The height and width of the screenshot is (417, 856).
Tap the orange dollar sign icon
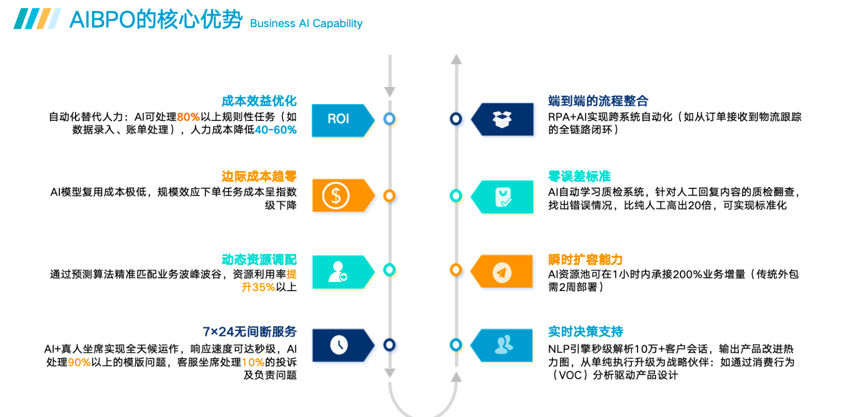[x=336, y=195]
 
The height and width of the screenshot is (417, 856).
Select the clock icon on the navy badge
[x=339, y=345]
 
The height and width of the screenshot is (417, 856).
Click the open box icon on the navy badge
[x=502, y=119]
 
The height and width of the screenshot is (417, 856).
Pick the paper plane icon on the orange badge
[x=502, y=272]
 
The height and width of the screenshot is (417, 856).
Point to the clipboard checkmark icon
[x=503, y=197]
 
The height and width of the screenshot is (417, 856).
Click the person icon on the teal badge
[x=338, y=272]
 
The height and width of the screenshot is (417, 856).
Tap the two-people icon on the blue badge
[x=504, y=345]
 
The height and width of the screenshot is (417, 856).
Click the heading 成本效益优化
[x=259, y=101]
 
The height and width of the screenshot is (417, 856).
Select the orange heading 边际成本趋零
[x=259, y=176]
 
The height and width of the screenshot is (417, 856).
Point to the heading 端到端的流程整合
[x=598, y=101]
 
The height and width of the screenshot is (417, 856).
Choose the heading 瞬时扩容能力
[x=585, y=259]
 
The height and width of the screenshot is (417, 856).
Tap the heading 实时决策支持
[x=585, y=331]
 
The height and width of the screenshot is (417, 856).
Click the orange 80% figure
[x=188, y=117]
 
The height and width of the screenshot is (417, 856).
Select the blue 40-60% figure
[x=275, y=130]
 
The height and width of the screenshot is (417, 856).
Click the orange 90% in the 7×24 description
[x=79, y=362]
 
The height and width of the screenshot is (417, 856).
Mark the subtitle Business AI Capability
[x=306, y=24]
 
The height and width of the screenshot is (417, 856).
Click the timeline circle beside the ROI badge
[x=389, y=119]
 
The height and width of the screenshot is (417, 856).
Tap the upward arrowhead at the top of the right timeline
[x=456, y=59]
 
